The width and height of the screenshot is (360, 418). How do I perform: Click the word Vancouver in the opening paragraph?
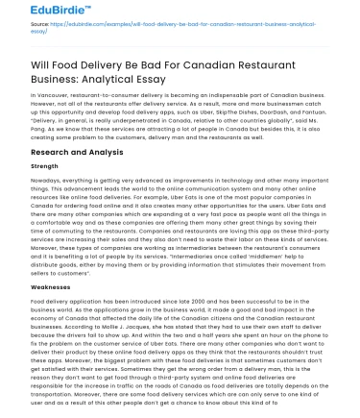click(x=55, y=97)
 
